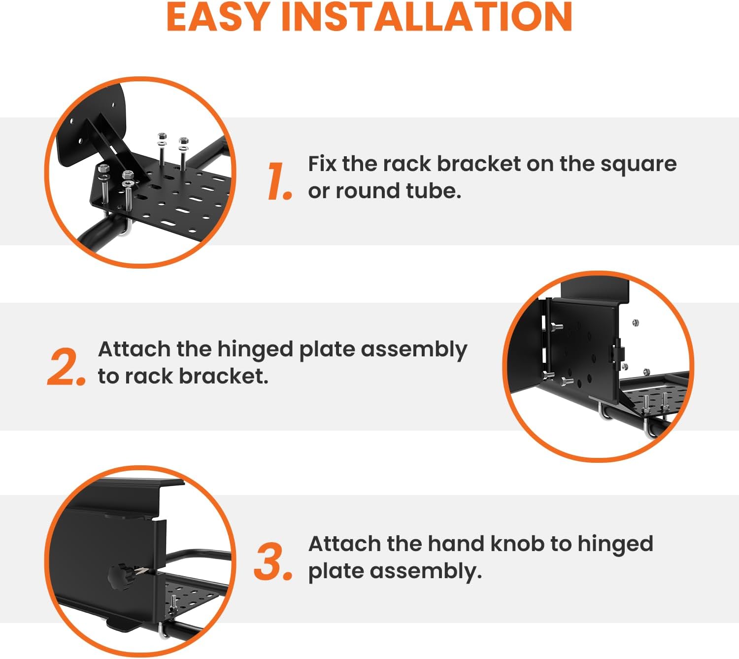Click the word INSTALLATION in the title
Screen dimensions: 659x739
[426, 17]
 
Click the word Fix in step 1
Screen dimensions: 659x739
[322, 164]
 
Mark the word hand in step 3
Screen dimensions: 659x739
[455, 544]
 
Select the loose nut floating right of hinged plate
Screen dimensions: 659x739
[636, 323]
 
